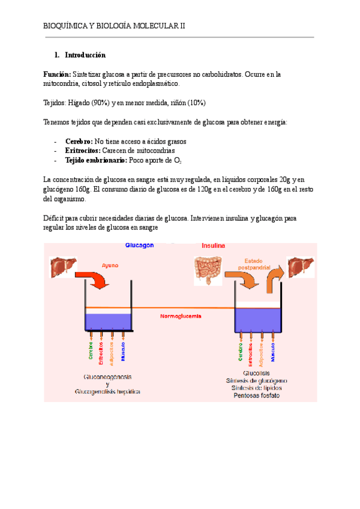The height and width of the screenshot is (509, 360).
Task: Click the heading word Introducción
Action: pos(85,55)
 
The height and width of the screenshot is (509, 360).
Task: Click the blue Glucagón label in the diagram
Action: pos(139,245)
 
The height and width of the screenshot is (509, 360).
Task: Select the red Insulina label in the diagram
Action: pos(213,245)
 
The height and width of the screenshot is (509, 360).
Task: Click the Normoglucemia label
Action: pos(181,316)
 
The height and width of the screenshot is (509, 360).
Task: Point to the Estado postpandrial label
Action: pos(254,264)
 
